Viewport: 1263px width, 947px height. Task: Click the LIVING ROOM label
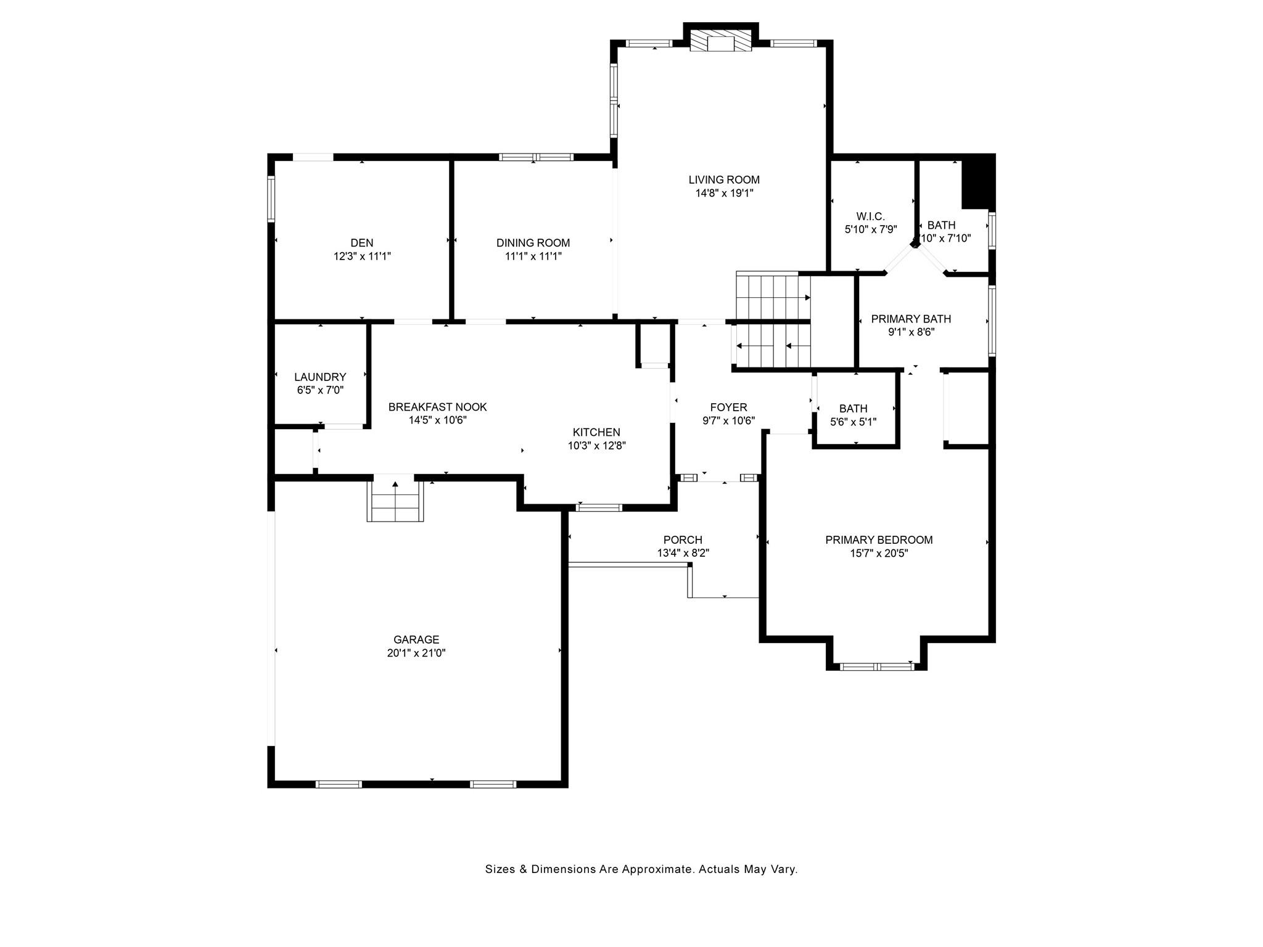point(724,180)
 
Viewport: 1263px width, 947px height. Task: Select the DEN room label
point(362,243)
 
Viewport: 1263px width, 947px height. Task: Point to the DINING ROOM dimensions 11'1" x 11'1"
point(533,256)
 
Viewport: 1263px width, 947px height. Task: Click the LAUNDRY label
point(320,377)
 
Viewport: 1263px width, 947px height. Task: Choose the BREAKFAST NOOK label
point(437,407)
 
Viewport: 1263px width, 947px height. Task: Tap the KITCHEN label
point(596,432)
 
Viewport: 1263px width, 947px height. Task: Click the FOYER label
point(728,408)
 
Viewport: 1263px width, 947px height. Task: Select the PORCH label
point(683,540)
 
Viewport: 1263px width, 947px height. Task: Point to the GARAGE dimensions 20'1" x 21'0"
point(416,654)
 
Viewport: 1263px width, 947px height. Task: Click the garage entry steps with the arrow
point(395,501)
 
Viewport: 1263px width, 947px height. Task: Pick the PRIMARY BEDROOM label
point(879,540)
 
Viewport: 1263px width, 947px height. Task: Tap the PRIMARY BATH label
point(911,319)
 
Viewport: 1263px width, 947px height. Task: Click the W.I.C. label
point(870,216)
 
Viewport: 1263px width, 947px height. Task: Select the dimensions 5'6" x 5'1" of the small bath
point(854,422)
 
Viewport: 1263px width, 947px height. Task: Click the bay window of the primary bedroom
point(876,666)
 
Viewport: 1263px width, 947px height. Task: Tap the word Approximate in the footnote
point(656,870)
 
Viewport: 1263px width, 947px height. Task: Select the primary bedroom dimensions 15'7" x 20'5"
point(879,554)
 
